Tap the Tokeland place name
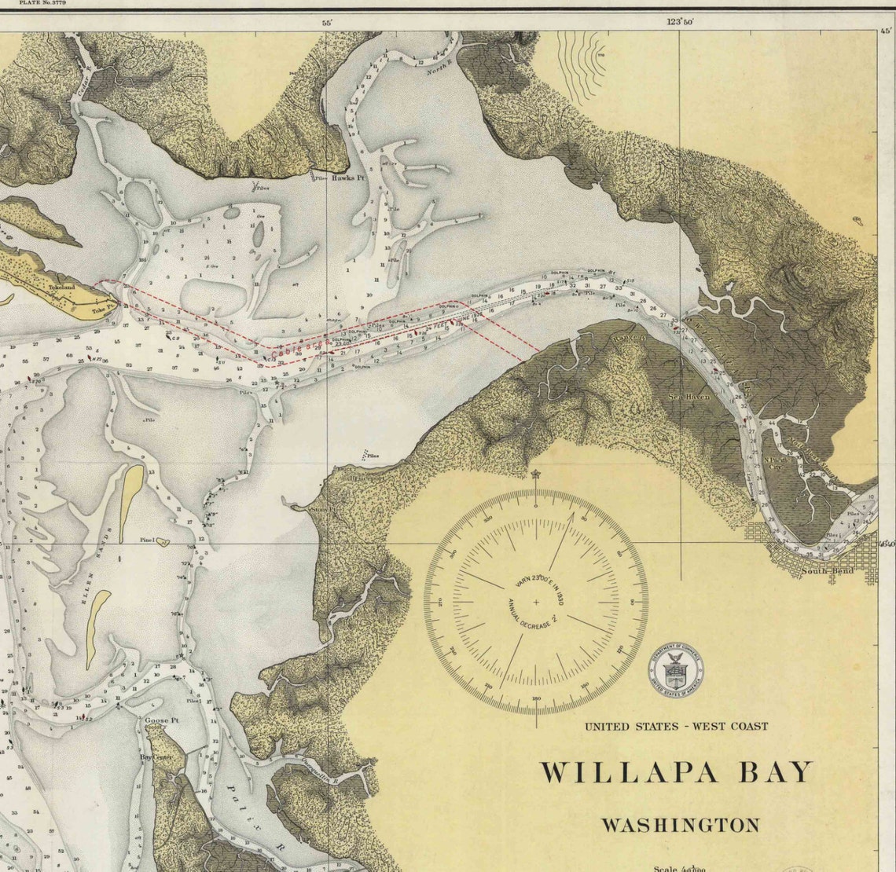61,288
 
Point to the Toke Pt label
104,300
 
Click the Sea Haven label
689,397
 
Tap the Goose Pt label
158,720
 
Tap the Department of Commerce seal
676,672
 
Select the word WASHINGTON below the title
681,826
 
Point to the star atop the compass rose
537,474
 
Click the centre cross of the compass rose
537,603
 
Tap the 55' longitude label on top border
327,23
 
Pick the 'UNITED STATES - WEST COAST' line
676,726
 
